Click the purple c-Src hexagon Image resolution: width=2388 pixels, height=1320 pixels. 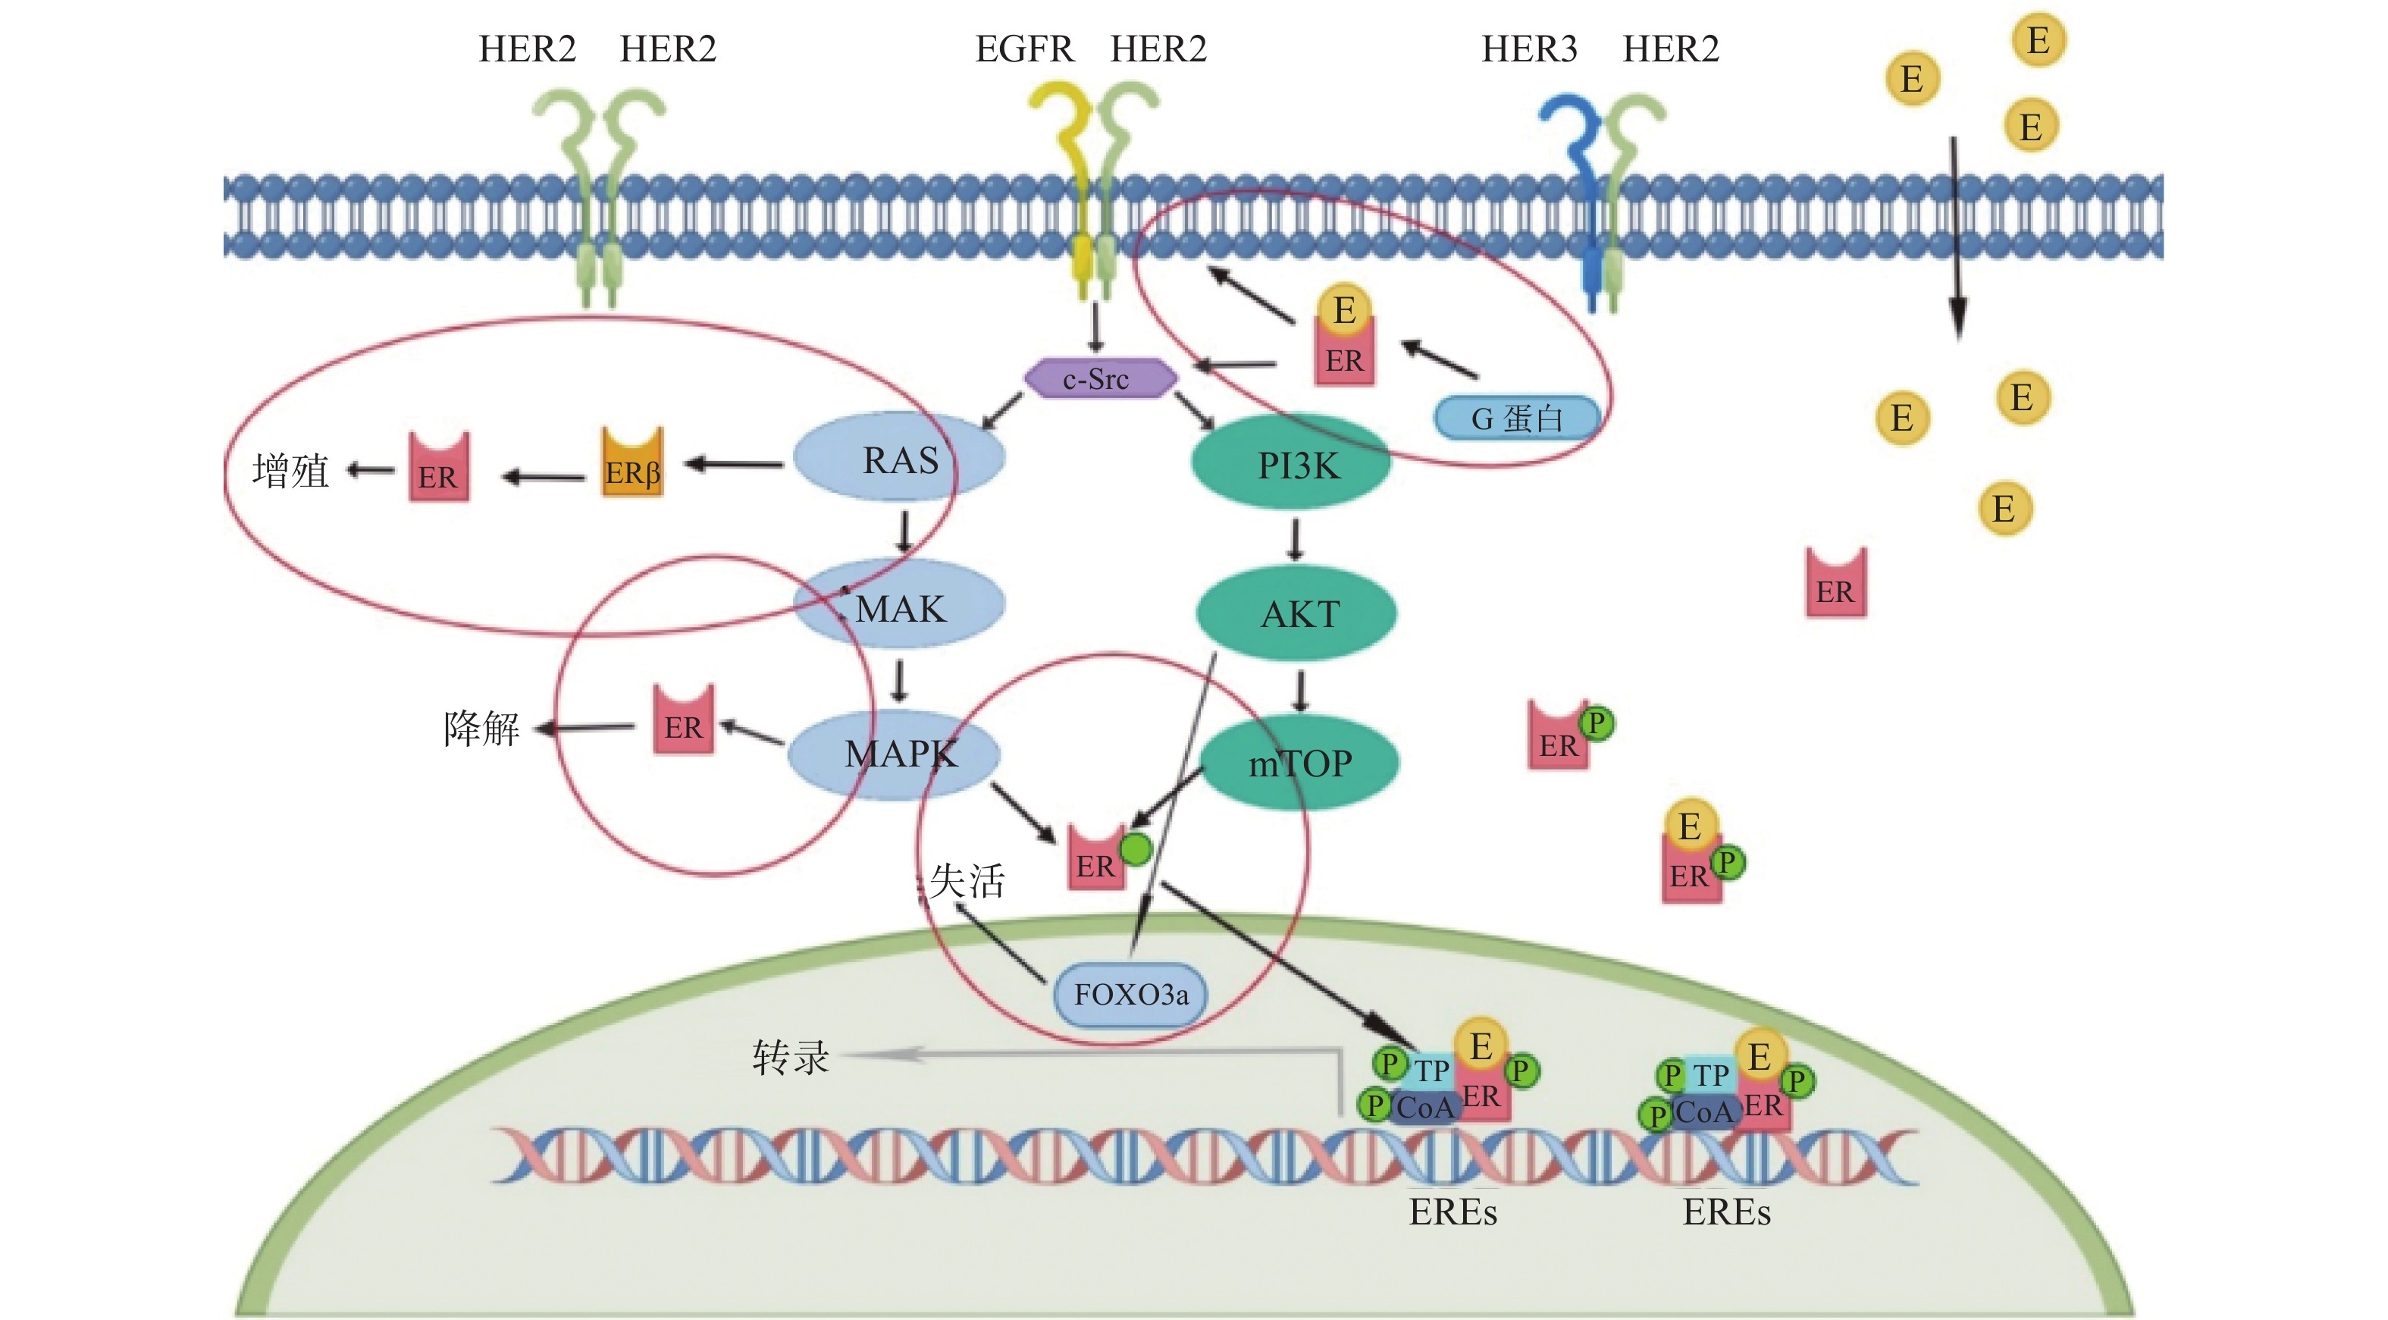[x=1100, y=378]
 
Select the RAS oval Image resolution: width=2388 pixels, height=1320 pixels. [x=899, y=459]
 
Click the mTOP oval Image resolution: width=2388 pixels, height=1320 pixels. [x=1299, y=763]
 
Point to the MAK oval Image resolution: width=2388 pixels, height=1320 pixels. [x=899, y=607]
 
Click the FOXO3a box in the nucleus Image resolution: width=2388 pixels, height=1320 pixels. [x=1131, y=994]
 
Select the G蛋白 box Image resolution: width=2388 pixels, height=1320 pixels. [x=1517, y=418]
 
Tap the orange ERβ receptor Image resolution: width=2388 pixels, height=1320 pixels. [x=632, y=463]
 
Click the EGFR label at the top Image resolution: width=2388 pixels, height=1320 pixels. [x=1023, y=49]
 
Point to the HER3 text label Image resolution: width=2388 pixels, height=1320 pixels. [x=1528, y=49]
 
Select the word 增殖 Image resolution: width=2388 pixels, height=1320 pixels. [x=290, y=471]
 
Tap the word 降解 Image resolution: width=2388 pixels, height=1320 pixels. [x=481, y=728]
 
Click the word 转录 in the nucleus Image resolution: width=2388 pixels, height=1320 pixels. [x=790, y=1057]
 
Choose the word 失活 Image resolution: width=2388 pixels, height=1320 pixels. [x=967, y=879]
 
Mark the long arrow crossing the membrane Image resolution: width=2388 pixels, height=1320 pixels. [x=1956, y=237]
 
